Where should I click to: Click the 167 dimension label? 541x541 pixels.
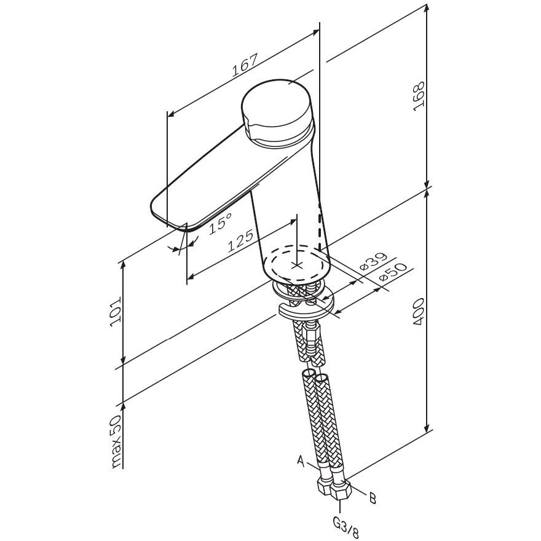point(245,65)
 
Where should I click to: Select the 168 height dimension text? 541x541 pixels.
point(419,97)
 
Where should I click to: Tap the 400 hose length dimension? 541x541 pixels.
point(419,312)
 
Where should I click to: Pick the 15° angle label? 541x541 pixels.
point(220,223)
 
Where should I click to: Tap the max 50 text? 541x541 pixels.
point(117,441)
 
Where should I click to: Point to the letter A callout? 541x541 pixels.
point(301,460)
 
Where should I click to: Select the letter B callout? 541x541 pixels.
point(373,498)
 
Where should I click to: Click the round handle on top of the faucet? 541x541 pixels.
point(277,111)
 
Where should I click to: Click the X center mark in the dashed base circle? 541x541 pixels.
point(296,266)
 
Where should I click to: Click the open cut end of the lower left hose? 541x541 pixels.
point(307,373)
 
